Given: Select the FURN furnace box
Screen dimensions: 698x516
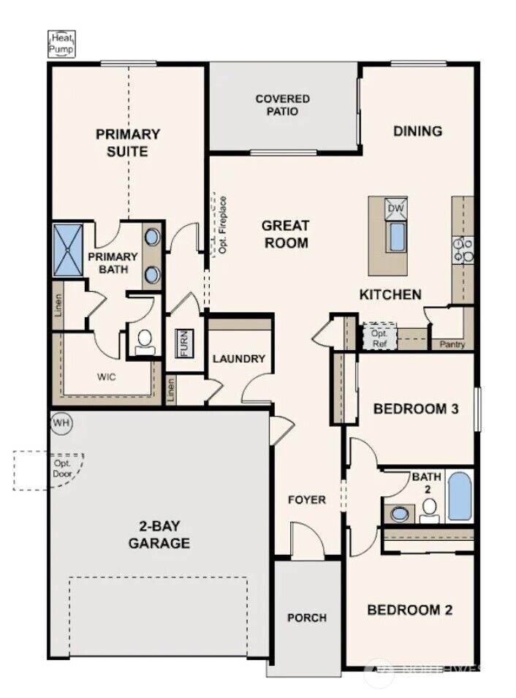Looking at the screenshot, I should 183,343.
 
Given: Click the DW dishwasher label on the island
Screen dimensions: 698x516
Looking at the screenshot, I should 395,209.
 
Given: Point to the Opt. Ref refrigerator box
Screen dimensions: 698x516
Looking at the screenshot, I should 379,337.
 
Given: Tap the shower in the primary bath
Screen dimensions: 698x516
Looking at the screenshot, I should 70,250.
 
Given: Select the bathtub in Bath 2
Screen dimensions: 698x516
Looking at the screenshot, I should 460,496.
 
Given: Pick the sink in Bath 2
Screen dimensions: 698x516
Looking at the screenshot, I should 400,513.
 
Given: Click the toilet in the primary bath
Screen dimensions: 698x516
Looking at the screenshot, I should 145,340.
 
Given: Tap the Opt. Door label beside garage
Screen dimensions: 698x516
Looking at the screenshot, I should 61,469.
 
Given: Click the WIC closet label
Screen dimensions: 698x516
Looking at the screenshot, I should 107,377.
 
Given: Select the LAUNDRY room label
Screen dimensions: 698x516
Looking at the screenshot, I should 238,359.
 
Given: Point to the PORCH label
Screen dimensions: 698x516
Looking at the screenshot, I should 306,618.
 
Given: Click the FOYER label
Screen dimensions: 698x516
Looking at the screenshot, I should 306,500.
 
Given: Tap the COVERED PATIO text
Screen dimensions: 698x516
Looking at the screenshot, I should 282,105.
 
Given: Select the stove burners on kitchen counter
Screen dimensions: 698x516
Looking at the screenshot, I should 463,250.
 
